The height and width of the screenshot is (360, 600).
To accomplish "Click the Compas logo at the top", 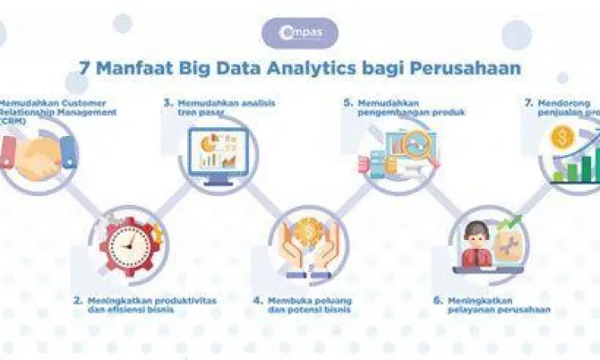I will (300, 34).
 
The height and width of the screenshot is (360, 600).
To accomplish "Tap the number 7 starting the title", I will (84, 67).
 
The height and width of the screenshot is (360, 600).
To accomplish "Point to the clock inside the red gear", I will (128, 242).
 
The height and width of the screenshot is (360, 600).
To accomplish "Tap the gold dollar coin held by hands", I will (307, 233).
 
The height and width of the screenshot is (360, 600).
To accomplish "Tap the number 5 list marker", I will (348, 103).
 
